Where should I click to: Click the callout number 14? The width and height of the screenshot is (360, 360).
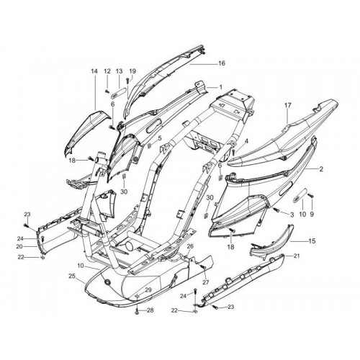94,71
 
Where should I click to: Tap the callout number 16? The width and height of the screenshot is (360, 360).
222,63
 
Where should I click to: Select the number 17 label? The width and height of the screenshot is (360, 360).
288,105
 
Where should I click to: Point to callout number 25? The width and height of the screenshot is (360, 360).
72,276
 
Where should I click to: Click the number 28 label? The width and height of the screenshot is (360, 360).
150,310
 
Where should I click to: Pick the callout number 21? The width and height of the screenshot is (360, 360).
297,256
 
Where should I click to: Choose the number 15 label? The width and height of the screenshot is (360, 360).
312,241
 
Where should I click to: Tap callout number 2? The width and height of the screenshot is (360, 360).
321,169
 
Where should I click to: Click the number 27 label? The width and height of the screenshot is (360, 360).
206,282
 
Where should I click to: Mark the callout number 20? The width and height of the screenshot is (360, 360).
19,246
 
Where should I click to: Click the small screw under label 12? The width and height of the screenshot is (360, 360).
107,91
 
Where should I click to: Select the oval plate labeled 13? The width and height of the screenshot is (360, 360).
119,93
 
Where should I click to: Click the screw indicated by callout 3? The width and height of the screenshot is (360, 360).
276,210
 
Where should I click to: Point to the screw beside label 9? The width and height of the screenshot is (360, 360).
311,195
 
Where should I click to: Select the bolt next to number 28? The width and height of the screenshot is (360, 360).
137,312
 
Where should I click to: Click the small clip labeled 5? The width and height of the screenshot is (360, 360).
149,145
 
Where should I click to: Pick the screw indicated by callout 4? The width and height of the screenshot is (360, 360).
233,152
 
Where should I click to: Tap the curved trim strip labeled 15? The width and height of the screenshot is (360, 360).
271,243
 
